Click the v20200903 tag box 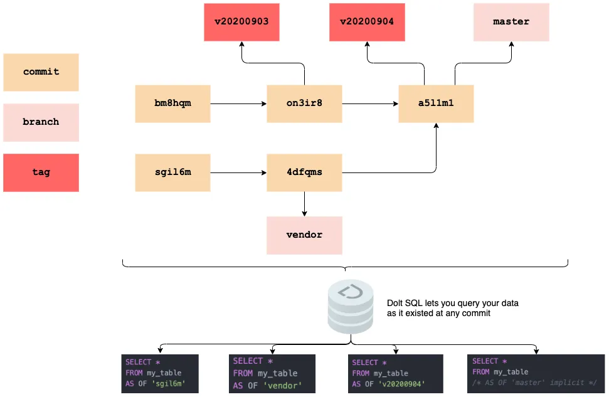241,22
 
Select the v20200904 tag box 367,22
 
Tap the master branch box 511,22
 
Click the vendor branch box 304,235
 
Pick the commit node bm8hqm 172,103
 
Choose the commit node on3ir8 304,103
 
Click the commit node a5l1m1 436,103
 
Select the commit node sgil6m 172,172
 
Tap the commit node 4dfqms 304,172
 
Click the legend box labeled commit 41,72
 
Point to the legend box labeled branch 41,122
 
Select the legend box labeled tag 41,172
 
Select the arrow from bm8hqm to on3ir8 238,103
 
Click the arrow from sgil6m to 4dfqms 238,172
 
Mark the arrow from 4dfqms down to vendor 304,204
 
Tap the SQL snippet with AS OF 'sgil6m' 160,373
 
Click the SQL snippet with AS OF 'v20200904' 395,373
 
